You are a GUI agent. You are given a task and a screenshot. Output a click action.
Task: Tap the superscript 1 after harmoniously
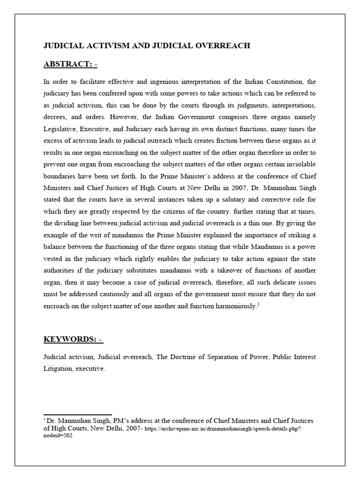[258, 305]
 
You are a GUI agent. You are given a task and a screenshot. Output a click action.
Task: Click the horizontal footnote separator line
[78, 414]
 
